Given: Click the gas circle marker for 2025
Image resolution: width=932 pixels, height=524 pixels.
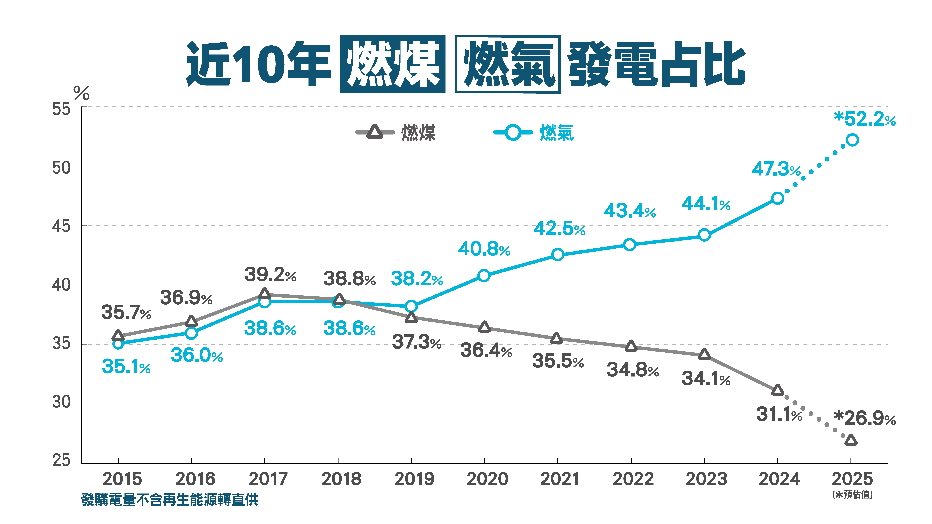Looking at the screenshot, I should coord(852,140).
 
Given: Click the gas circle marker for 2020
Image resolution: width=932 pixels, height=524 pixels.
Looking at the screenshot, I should coord(484,276).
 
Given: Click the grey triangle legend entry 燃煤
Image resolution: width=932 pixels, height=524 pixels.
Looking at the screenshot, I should coord(396,132).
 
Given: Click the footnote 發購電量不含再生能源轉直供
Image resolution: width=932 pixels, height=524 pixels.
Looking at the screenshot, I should coord(169,500).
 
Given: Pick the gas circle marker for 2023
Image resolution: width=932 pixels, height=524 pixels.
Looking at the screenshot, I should coord(704,235).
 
